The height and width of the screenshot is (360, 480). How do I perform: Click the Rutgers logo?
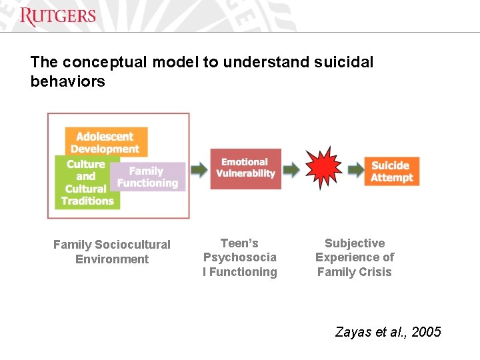pyautogui.click(x=58, y=17)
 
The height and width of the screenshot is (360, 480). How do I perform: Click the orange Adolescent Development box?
pyautogui.click(x=106, y=141)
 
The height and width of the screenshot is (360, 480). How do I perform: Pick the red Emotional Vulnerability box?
pyautogui.click(x=245, y=168)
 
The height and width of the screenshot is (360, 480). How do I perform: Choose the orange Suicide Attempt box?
pyautogui.click(x=392, y=171)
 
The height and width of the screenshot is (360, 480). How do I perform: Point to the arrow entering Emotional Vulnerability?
pyautogui.click(x=199, y=169)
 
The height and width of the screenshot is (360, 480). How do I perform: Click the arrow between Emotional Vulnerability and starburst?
pyautogui.click(x=291, y=169)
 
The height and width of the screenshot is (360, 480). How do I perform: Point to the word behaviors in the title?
pyautogui.click(x=68, y=81)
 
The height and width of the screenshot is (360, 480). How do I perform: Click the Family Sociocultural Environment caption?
pyautogui.click(x=112, y=252)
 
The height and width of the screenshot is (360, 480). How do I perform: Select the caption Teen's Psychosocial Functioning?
pyautogui.click(x=240, y=257)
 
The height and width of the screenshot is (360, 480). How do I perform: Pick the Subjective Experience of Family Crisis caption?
pyautogui.click(x=355, y=257)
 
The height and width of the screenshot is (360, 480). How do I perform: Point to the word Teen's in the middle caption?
pyautogui.click(x=239, y=243)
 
